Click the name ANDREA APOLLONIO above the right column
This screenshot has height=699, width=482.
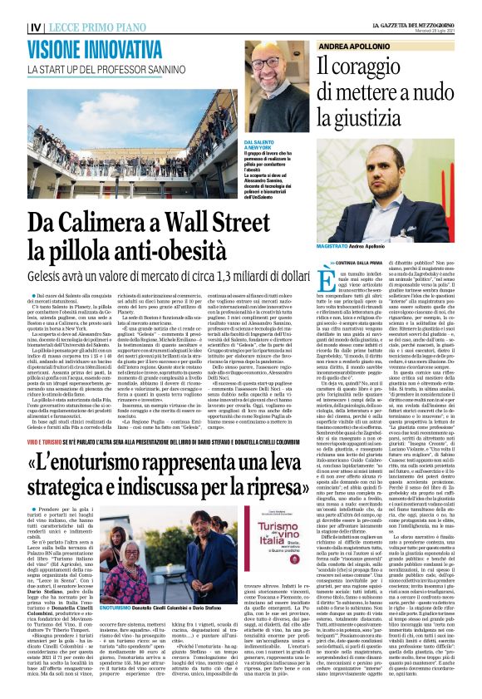point(358,47)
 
